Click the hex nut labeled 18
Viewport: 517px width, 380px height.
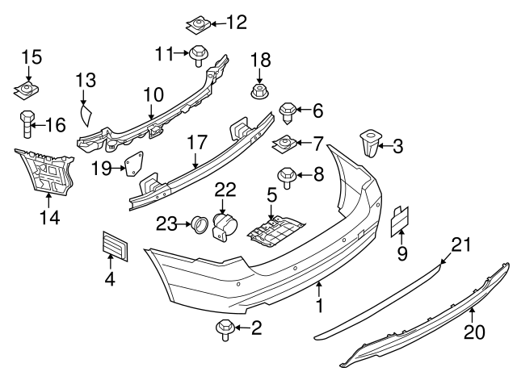pos(259,89)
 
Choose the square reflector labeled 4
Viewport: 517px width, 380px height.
pos(116,245)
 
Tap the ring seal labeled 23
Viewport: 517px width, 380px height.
pos(197,223)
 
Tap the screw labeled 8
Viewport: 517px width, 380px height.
pos(285,173)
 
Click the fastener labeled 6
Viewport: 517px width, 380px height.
pos(288,111)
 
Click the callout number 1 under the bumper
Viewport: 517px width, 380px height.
pos(319,306)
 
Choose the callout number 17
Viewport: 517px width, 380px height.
pos(198,140)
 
